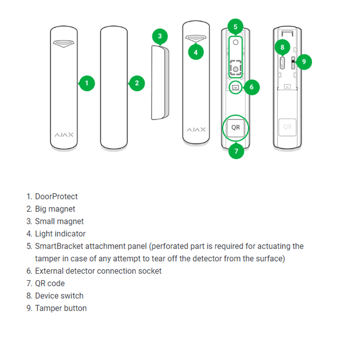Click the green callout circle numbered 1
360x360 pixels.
click(x=87, y=83)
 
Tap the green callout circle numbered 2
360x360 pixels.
click(x=137, y=83)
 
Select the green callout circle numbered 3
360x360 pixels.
click(x=159, y=36)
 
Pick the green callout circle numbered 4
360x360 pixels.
click(x=196, y=52)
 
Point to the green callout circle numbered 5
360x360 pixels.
click(x=235, y=27)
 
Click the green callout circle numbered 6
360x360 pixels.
click(x=251, y=88)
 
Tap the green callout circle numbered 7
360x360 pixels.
click(x=236, y=151)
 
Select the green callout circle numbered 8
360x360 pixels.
click(x=282, y=47)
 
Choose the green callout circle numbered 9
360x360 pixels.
click(x=304, y=61)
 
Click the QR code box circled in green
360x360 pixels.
click(x=236, y=128)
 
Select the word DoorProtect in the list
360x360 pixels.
click(x=56, y=196)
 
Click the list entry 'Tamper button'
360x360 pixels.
click(x=61, y=308)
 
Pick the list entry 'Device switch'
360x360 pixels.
click(x=59, y=296)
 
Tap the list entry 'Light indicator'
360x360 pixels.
click(x=60, y=234)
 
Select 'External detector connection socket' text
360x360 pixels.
click(x=98, y=271)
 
